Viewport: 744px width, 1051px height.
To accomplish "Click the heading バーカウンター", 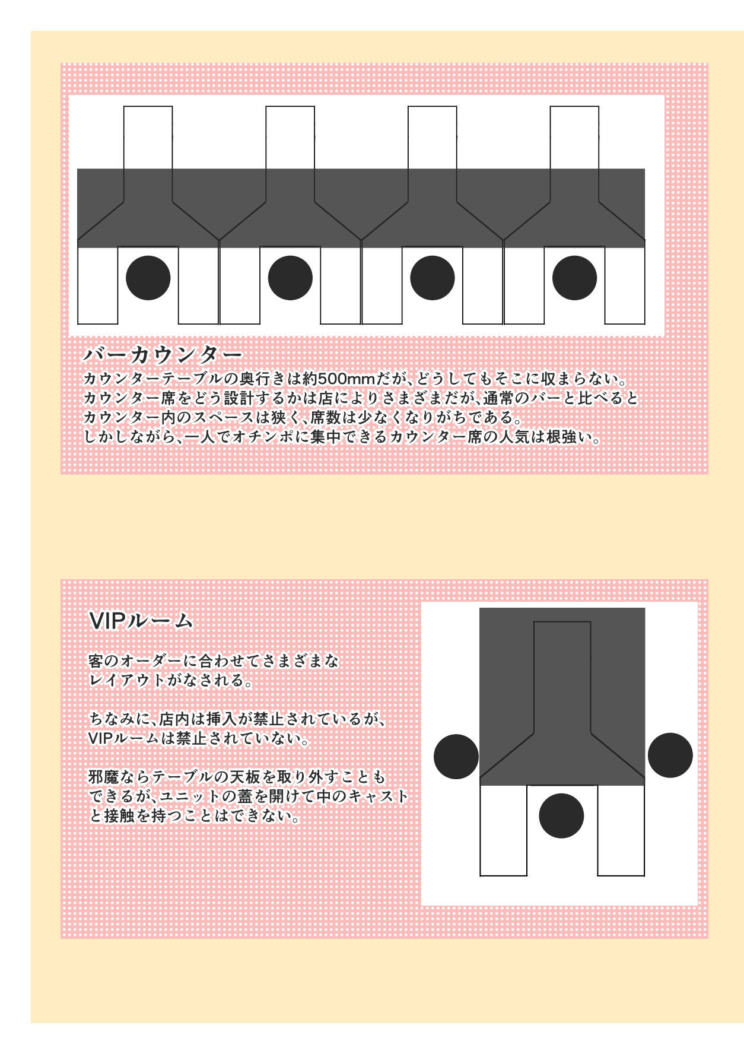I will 163,355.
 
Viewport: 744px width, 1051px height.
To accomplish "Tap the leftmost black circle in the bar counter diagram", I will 148,278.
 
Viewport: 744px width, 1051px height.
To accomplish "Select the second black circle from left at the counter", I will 290,278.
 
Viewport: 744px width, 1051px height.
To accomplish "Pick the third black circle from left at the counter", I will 433,278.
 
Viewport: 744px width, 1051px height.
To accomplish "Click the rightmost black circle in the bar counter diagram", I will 574,278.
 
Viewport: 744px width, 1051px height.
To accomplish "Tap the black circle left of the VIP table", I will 456,757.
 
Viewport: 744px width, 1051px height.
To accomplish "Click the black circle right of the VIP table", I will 670,755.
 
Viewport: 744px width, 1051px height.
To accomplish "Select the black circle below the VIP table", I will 561,815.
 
